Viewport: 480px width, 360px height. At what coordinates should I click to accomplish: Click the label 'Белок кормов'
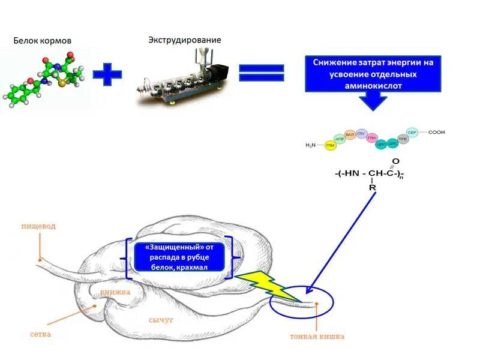coord(43,41)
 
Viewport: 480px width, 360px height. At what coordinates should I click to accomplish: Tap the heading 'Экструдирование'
coord(185,40)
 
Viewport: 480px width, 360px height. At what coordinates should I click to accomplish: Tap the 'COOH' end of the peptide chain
coord(436,132)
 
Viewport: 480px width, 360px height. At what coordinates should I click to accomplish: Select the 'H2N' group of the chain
coord(310,145)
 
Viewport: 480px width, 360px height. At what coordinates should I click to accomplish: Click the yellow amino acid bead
coord(329,146)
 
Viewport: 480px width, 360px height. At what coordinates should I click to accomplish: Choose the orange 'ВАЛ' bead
coord(350,135)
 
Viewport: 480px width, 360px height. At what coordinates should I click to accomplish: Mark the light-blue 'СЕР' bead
coord(412,132)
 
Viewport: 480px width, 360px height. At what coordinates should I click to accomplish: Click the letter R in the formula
coord(373,188)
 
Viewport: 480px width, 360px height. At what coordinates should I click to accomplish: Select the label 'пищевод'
coord(38,227)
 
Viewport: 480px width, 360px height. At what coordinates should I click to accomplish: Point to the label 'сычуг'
coord(161,320)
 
